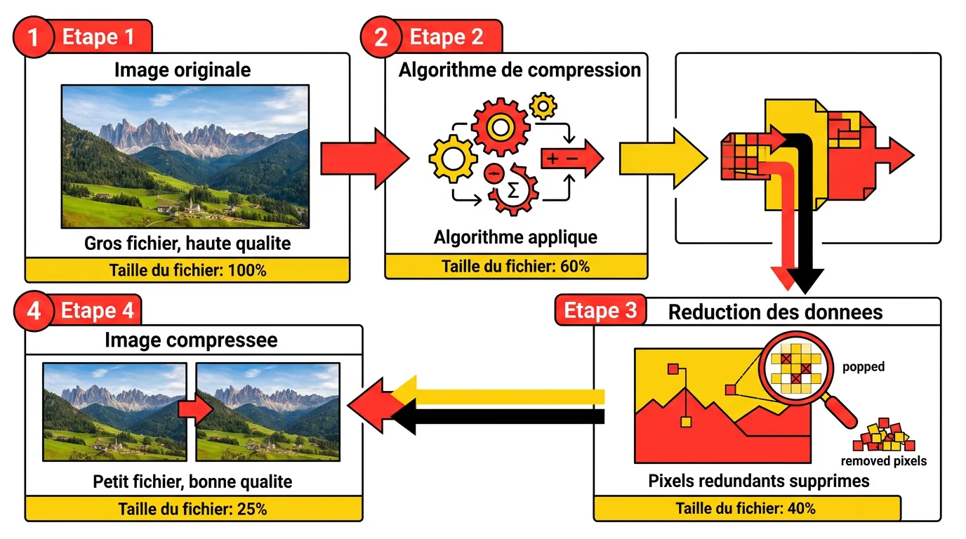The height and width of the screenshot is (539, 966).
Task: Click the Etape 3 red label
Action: (x=600, y=311)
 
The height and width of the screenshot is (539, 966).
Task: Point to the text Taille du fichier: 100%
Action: (x=187, y=269)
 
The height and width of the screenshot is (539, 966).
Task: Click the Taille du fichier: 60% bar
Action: (x=515, y=266)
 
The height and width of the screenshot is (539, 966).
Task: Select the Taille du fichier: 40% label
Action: (x=746, y=508)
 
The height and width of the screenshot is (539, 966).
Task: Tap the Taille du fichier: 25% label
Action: (x=192, y=509)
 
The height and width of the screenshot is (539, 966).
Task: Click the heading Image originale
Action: (x=183, y=70)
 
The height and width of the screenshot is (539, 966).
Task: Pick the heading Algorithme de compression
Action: (x=520, y=70)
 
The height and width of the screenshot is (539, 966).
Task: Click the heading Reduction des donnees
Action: (x=775, y=312)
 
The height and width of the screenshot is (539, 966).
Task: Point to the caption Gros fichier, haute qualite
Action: (x=187, y=244)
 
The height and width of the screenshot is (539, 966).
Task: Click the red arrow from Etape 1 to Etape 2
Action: (x=364, y=159)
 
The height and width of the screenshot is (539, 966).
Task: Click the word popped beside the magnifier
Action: (x=864, y=367)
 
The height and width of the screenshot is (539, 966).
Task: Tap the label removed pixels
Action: (x=884, y=461)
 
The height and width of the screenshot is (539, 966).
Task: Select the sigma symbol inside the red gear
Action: (x=513, y=190)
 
